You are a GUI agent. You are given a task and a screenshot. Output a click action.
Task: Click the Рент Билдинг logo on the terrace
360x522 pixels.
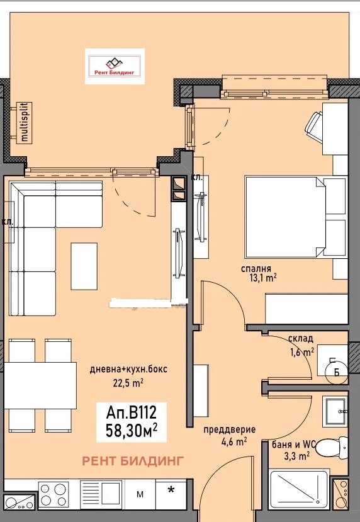(115, 66)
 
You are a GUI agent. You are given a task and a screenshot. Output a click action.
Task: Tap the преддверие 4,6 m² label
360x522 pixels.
(229, 435)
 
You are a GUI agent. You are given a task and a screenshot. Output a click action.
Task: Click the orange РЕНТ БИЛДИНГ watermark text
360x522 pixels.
(133, 461)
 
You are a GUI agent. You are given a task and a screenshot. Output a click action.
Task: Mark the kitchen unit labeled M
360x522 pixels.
(140, 495)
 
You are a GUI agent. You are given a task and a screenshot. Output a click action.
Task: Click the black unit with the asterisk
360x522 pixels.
(171, 491)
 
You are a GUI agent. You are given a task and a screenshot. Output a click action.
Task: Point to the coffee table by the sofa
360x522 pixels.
(84, 264)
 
